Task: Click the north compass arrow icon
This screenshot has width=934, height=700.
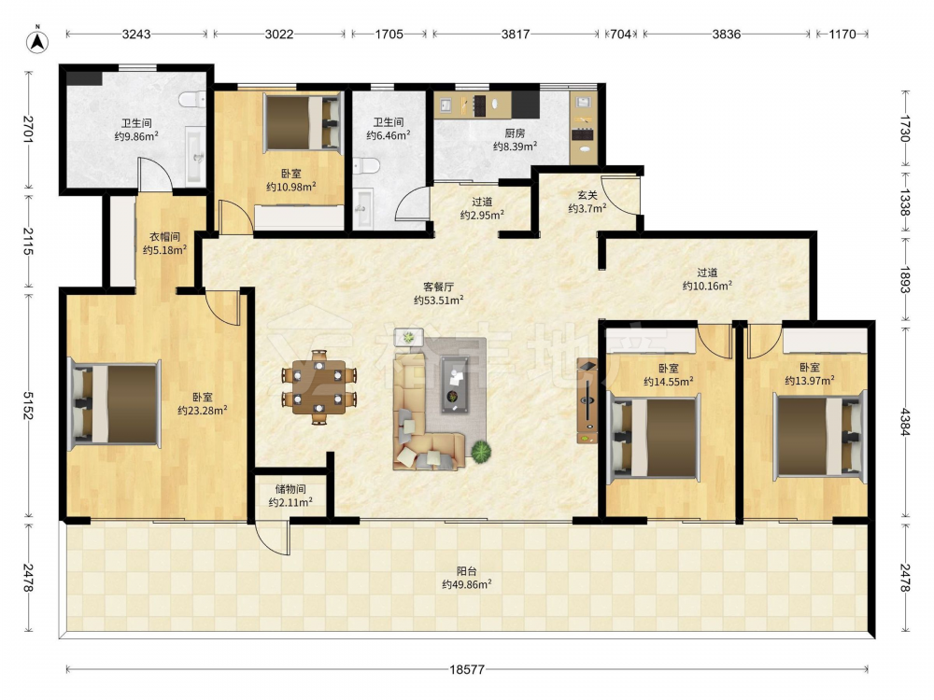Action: click(37, 39)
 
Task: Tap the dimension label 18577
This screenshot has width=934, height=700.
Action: click(467, 669)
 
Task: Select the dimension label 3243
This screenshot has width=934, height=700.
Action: click(136, 34)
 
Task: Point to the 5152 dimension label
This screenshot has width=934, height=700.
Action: click(27, 405)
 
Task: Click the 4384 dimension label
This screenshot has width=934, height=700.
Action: click(905, 422)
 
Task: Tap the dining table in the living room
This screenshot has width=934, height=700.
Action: click(319, 387)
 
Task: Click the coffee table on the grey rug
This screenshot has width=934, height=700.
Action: click(455, 385)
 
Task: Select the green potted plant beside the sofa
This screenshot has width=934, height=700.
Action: click(481, 452)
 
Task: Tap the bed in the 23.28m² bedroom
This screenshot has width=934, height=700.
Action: click(114, 403)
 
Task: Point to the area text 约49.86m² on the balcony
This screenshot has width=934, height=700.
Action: click(467, 584)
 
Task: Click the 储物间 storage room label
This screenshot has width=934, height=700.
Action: click(290, 489)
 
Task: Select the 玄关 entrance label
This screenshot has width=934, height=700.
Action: click(587, 195)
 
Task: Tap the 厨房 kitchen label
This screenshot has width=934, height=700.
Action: click(515, 133)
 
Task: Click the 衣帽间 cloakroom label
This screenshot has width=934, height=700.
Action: click(164, 237)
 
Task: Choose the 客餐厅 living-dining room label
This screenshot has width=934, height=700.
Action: click(438, 287)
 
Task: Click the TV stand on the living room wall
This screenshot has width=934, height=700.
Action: click(587, 400)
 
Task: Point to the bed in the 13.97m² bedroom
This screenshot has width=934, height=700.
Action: click(819, 436)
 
